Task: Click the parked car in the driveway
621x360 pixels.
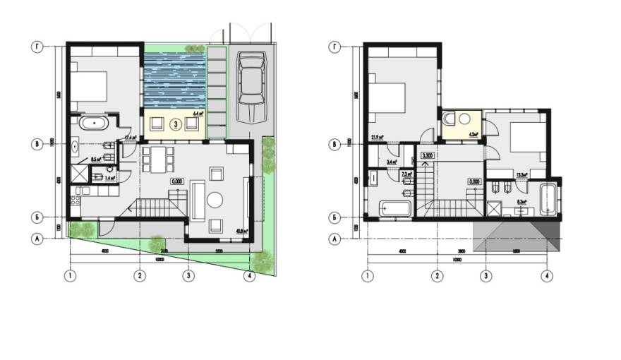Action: (x=251, y=88)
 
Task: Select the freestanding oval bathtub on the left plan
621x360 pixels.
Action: (x=92, y=124)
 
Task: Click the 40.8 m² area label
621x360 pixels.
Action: (x=242, y=230)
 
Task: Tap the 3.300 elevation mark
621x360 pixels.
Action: (x=427, y=155)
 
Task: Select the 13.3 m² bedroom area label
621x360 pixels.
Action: (x=523, y=175)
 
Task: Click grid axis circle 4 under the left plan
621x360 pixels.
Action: (x=249, y=275)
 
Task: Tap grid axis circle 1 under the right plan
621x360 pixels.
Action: (x=366, y=275)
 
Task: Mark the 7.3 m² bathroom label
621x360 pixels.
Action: (x=406, y=173)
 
